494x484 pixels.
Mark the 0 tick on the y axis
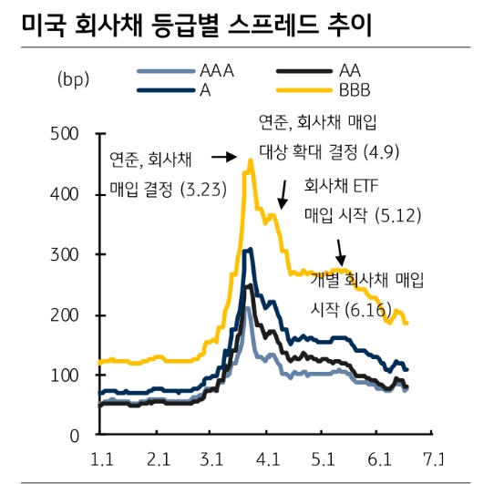[77, 436]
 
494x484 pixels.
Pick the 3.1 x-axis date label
[215, 458]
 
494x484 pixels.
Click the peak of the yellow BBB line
[250, 160]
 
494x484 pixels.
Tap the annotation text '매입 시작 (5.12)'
[359, 216]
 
